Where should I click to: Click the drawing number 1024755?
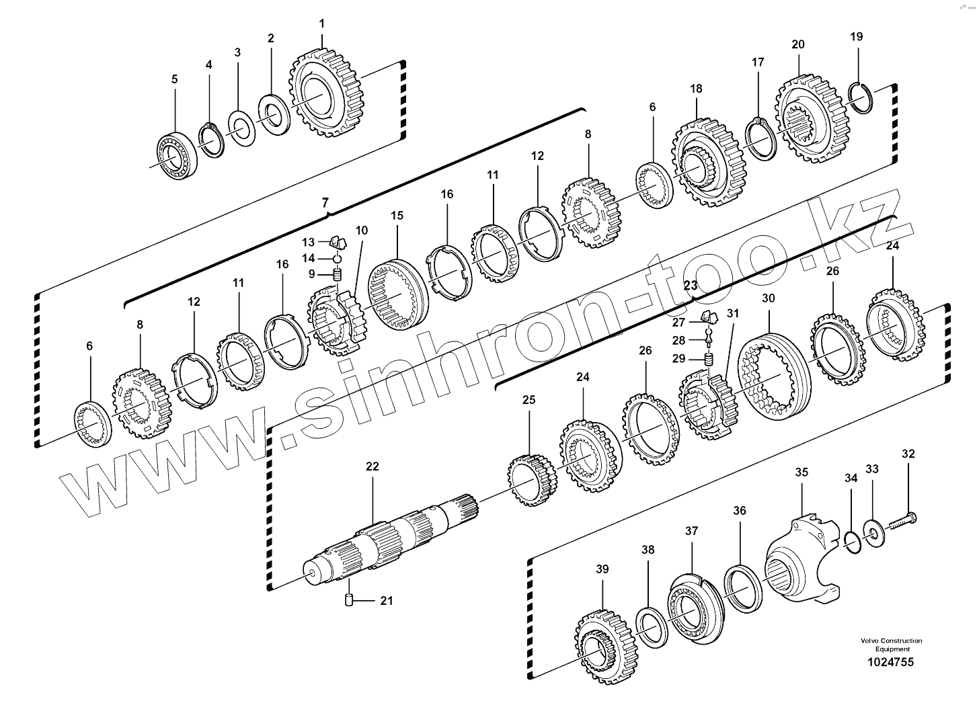[x=889, y=663]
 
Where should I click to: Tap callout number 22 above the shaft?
[x=373, y=466]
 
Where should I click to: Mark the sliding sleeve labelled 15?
[x=396, y=294]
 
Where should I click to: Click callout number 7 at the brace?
[x=325, y=202]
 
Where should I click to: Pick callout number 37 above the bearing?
[x=692, y=531]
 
